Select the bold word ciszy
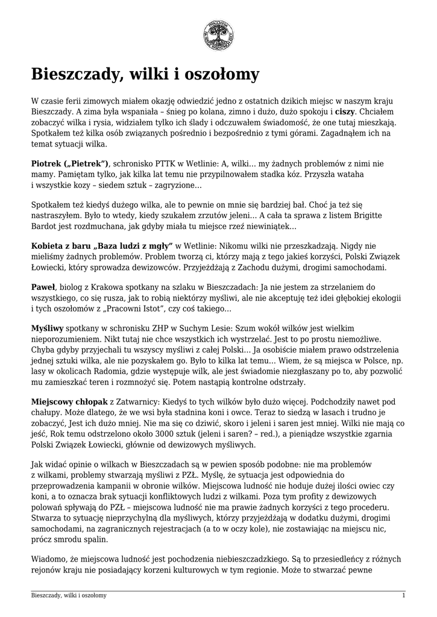coord(345,112)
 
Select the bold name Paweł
coord(43,287)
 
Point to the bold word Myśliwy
coord(48,328)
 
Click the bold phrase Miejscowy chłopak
coord(69,401)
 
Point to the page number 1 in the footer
coord(403,595)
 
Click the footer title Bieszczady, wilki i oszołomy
coord(69,595)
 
